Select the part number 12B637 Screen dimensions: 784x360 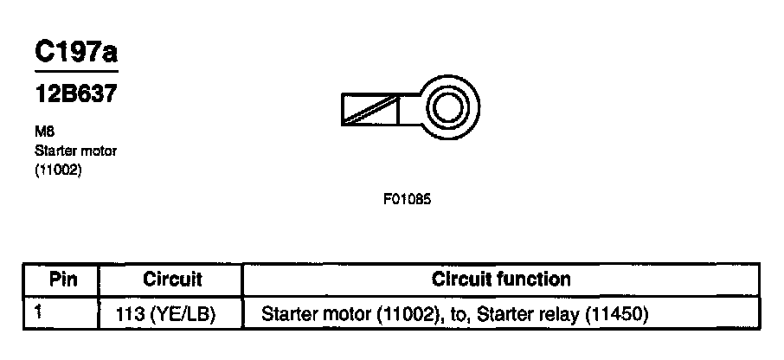click(x=75, y=94)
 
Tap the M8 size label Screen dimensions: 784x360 click(x=43, y=133)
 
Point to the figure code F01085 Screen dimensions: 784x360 click(x=407, y=199)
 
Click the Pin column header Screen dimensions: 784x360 click(x=62, y=280)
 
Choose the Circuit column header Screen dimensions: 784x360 click(x=172, y=280)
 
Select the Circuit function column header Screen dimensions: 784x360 click(x=501, y=280)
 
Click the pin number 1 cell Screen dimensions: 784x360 click(x=38, y=311)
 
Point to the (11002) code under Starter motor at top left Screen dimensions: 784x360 click(x=58, y=170)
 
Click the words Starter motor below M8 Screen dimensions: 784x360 click(x=75, y=151)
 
